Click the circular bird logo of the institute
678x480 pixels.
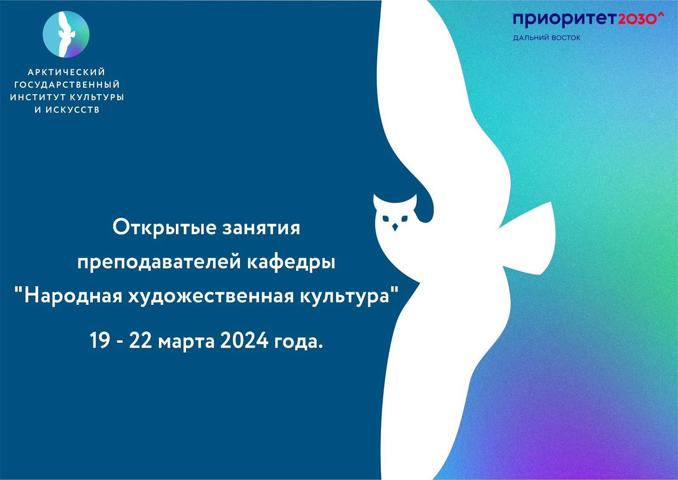66,34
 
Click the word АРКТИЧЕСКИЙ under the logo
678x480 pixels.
67,72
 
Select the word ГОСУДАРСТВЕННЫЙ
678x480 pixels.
67,84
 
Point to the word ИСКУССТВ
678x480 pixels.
73,109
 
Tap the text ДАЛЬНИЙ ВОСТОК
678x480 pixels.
547,38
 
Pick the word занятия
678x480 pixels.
261,228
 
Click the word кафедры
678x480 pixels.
291,262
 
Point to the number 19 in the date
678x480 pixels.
99,340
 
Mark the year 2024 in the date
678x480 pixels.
244,340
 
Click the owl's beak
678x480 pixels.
395,227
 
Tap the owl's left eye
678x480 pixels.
385,218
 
